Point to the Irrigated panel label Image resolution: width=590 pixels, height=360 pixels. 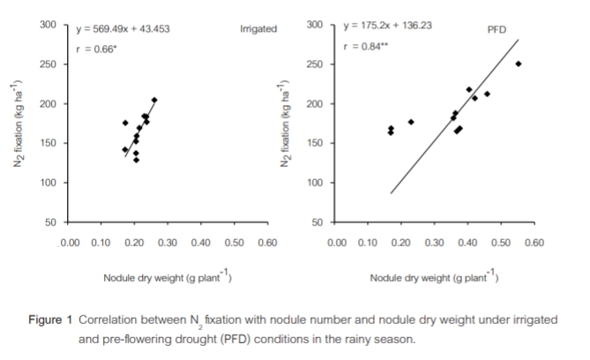pos(258,29)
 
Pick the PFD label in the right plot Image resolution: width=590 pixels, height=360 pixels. pos(497,30)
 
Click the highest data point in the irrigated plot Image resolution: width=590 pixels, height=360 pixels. pos(154,101)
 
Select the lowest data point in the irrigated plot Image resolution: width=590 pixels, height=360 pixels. pos(136,160)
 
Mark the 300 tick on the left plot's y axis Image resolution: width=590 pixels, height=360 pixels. pos(49,26)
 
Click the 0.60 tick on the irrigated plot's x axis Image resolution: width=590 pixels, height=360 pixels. pos(267,242)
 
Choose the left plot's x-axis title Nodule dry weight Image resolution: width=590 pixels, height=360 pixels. pos(168,279)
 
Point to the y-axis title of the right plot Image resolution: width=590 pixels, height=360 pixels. pos(285,124)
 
